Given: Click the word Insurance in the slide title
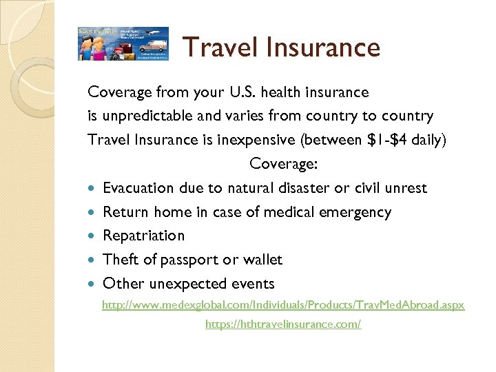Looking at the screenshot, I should click(x=322, y=48).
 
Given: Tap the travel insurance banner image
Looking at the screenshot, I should click(x=123, y=43).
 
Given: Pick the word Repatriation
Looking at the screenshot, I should click(x=143, y=236).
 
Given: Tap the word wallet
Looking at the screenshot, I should click(x=260, y=260).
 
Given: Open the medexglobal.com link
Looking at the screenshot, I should click(x=283, y=304).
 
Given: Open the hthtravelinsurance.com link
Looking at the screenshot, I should click(x=283, y=324).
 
